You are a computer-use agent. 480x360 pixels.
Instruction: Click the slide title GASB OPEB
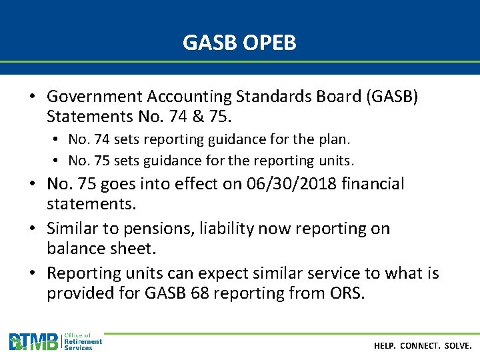[x=239, y=43]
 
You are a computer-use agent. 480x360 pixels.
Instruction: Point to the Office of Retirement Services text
[x=83, y=342]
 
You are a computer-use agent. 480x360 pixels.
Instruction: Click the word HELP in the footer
[x=385, y=346]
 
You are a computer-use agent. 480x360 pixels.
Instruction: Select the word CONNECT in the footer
[x=421, y=346]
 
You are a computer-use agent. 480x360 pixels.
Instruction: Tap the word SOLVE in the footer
[x=458, y=346]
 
